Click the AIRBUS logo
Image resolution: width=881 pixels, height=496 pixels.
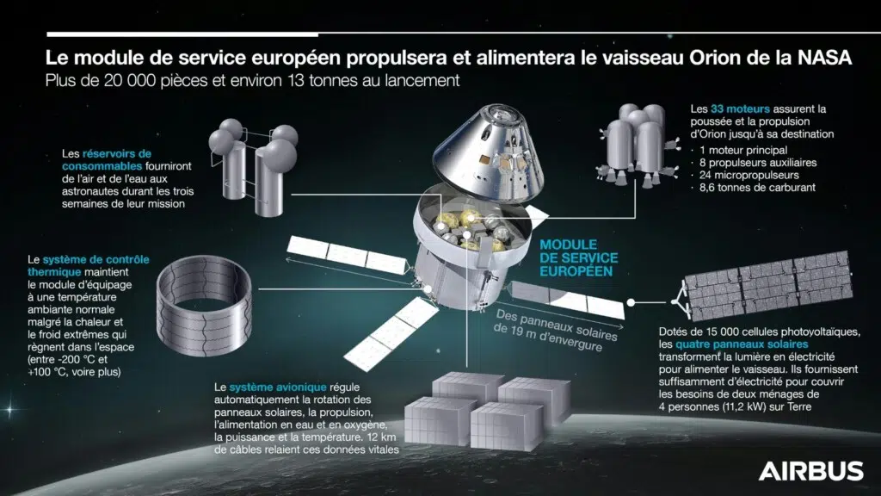pyautogui.click(x=810, y=470)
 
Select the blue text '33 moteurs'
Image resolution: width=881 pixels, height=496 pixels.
pyautogui.click(x=741, y=110)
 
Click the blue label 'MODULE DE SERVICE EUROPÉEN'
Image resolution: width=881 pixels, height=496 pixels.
pyautogui.click(x=576, y=257)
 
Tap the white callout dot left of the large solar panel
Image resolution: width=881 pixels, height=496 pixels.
pyautogui.click(x=632, y=302)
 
